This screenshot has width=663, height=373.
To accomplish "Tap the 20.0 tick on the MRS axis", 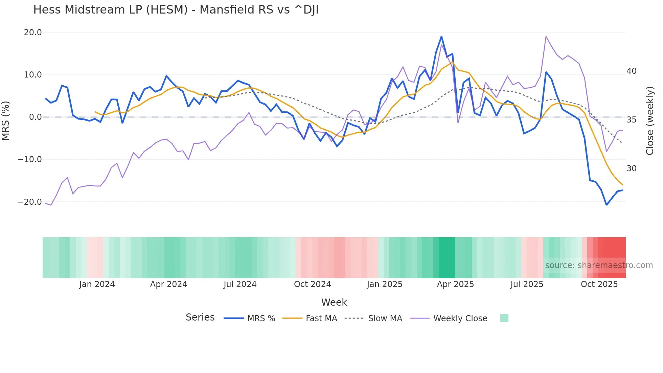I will [33, 32].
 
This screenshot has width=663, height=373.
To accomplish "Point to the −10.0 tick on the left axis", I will [30, 159].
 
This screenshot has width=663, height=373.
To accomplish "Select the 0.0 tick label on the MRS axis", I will [35, 117].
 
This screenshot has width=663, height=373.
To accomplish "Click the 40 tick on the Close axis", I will [631, 71].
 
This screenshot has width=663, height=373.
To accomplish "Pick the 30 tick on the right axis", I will [631, 169].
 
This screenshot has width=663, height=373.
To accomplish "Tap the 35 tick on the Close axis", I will [631, 120].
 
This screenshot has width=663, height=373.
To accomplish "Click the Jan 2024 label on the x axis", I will [97, 284].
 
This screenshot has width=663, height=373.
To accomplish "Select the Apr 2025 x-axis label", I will [455, 284].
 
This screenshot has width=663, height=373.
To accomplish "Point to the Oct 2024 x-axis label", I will [312, 284].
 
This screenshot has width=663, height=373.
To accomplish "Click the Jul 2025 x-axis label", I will [527, 284].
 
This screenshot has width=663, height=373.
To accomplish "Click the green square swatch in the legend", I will [504, 318].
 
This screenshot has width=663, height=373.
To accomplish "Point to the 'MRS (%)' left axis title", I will [5, 120].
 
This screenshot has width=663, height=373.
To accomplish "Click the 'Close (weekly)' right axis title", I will [649, 120].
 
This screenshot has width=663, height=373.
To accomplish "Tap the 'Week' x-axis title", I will [334, 302].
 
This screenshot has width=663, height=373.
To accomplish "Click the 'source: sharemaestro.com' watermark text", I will [599, 265].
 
